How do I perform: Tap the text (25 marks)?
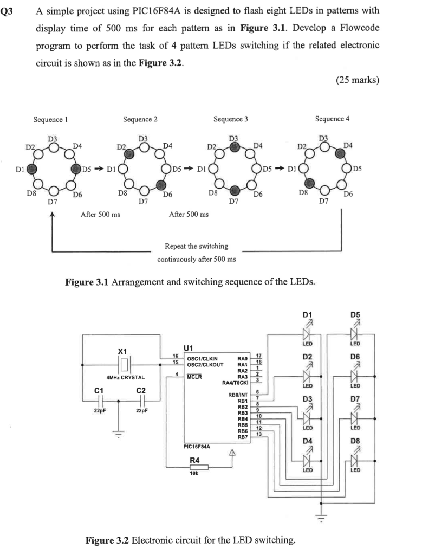point(358,80)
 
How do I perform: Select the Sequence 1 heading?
point(50,119)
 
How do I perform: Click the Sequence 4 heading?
point(332,119)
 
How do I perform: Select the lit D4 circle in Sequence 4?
point(339,153)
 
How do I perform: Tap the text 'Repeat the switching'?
point(196,246)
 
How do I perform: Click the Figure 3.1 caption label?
point(89,282)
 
